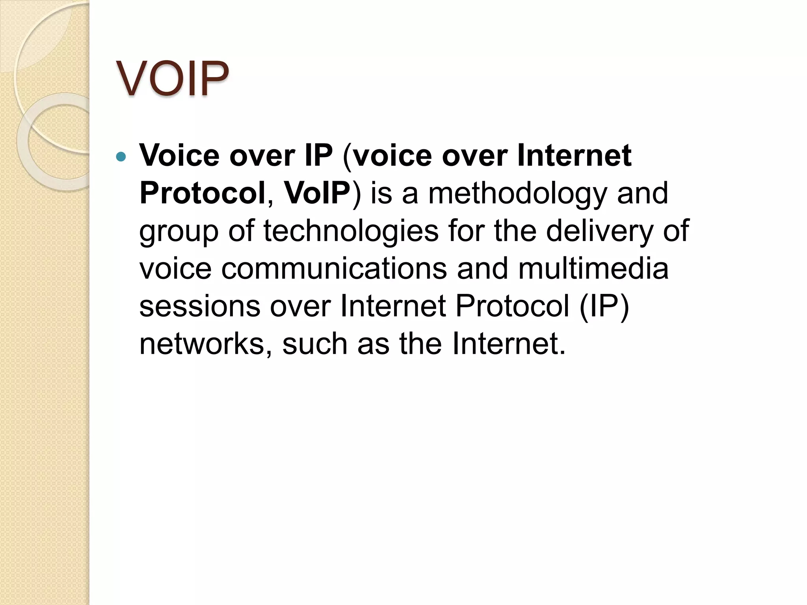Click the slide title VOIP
point(173,79)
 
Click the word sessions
point(200,306)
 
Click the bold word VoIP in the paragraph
point(317,193)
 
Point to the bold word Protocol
point(202,193)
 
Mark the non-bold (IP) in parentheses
point(604,306)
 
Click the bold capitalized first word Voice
point(179,156)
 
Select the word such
point(315,344)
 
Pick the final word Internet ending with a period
point(508,344)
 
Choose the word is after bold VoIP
point(381,193)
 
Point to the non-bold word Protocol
point(512,306)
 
